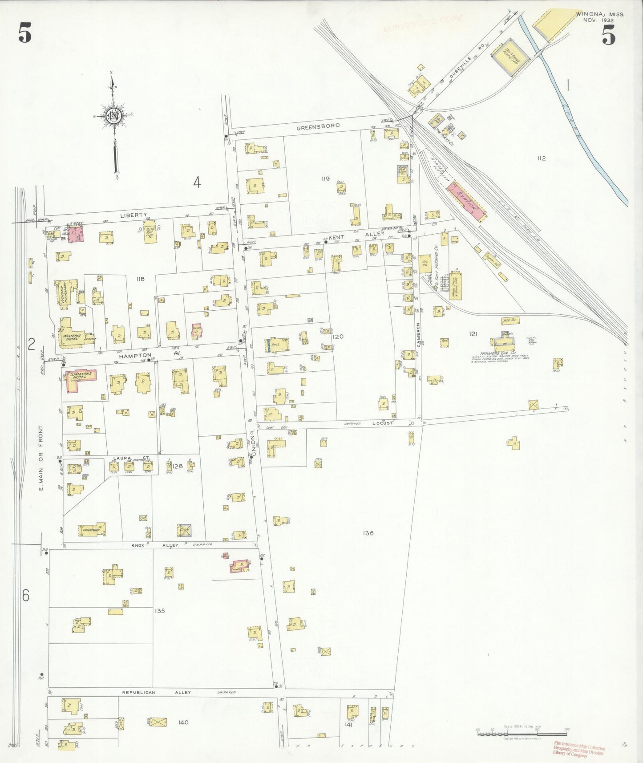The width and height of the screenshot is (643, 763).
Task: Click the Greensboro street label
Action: coord(318,126)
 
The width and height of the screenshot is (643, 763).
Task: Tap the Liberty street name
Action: coord(133,215)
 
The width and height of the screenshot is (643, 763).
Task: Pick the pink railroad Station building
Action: coord(467,202)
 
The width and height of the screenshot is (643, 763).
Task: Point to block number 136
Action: coord(368,533)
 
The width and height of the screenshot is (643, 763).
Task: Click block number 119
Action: coord(326,179)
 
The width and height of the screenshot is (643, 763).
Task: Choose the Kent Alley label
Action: coord(356,235)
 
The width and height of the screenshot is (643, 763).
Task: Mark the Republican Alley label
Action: coord(156,692)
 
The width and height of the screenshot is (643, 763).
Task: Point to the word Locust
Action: coord(382,423)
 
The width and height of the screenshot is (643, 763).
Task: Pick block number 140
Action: coord(183,722)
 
